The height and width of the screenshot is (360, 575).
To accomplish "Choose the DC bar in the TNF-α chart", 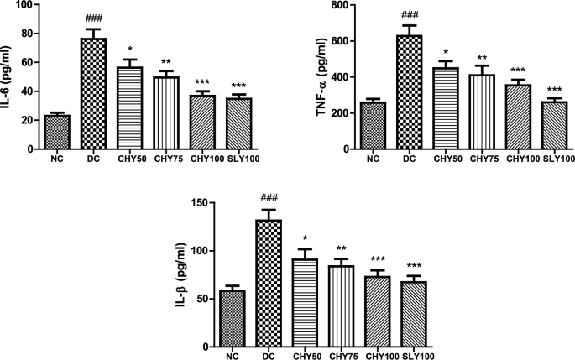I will pos(410,92).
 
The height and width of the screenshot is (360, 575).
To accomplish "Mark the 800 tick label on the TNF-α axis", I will pos(340,5).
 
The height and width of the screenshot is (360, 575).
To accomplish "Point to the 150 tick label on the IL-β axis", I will pos(199,202).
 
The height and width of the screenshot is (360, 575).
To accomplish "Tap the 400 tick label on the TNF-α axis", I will pos(340,77).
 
